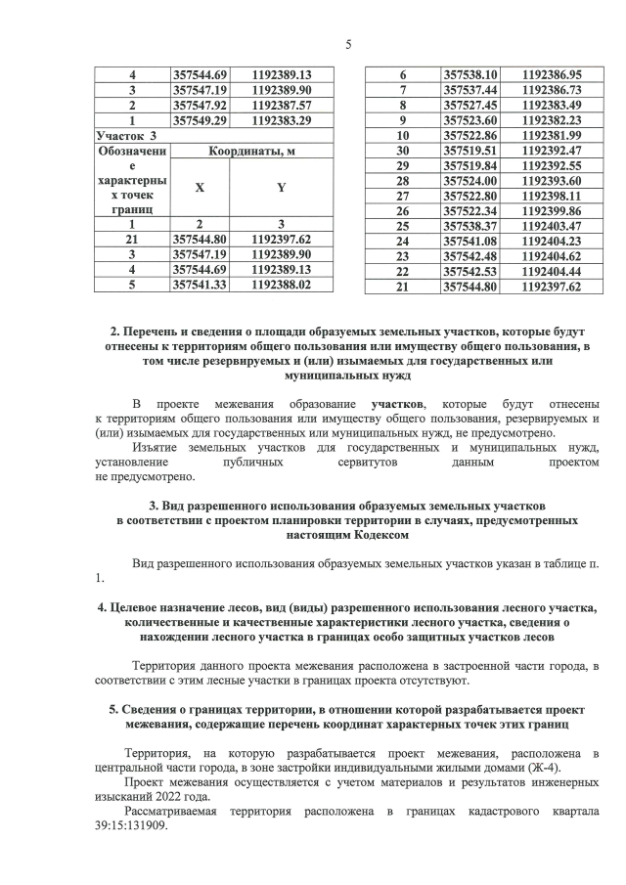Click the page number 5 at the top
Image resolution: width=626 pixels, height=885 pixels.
tap(348, 44)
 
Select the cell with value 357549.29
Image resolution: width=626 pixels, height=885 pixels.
tap(200, 120)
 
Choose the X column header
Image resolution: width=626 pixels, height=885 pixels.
tap(200, 186)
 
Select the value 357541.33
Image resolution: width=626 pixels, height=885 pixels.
tap(200, 285)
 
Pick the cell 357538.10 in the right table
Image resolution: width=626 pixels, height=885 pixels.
tap(471, 74)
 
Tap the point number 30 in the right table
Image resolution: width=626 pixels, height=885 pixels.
tap(401, 151)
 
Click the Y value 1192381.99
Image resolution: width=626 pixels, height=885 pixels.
tap(553, 135)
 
